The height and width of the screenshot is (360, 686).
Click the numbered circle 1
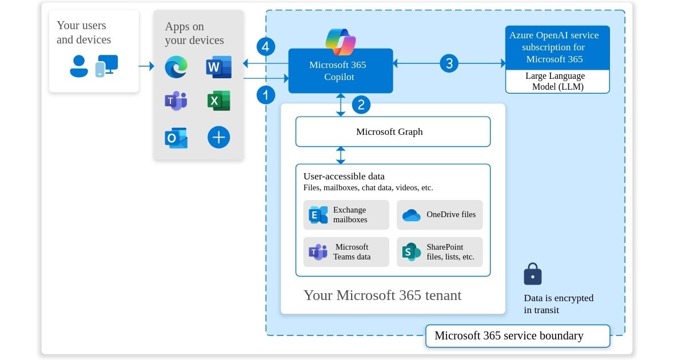[266, 94]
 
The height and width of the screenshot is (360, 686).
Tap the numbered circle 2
[361, 105]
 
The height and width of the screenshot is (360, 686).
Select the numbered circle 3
[449, 63]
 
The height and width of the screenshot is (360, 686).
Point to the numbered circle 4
[266, 46]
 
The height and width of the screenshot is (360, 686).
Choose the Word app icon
[218, 67]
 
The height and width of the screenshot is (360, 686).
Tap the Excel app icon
[218, 101]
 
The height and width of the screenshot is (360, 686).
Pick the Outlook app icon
[176, 138]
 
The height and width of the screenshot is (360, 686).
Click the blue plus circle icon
[218, 137]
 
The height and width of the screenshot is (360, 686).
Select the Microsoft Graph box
[393, 132]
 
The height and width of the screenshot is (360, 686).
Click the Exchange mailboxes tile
[346, 215]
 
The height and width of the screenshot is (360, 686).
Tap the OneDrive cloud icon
[411, 215]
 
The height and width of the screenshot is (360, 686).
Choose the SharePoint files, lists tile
[440, 252]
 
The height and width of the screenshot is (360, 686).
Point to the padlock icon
[533, 274]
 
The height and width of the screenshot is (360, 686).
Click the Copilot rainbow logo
[340, 41]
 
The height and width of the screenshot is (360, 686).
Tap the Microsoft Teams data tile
[346, 252]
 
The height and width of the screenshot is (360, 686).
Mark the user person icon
[79, 66]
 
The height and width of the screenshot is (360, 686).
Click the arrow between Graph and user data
[341, 155]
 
